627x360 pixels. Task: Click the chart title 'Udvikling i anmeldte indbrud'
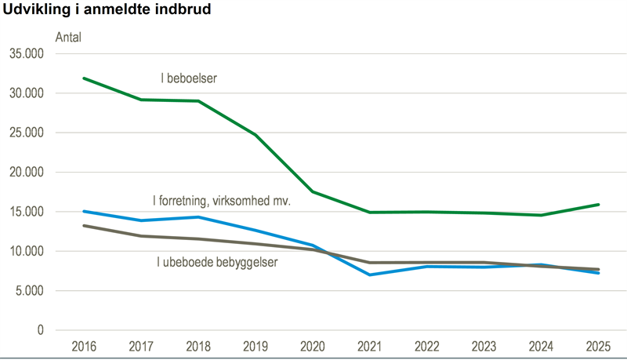[108, 10]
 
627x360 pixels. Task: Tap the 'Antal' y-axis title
[68, 36]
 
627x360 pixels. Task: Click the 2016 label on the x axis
[84, 346]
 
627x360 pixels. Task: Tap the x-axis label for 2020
[313, 346]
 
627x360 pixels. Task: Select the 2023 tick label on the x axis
[484, 346]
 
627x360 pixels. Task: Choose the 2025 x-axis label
[599, 346]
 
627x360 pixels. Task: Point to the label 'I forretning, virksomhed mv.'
[221, 202]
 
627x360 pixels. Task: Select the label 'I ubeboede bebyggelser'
[217, 261]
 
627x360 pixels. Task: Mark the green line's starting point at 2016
[84, 78]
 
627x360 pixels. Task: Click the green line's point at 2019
[256, 135]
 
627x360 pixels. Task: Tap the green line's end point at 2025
[599, 205]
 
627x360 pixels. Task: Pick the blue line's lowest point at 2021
[370, 275]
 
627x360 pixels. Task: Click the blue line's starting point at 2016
[84, 211]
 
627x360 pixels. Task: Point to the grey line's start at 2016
[84, 226]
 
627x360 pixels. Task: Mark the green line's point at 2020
[313, 191]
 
